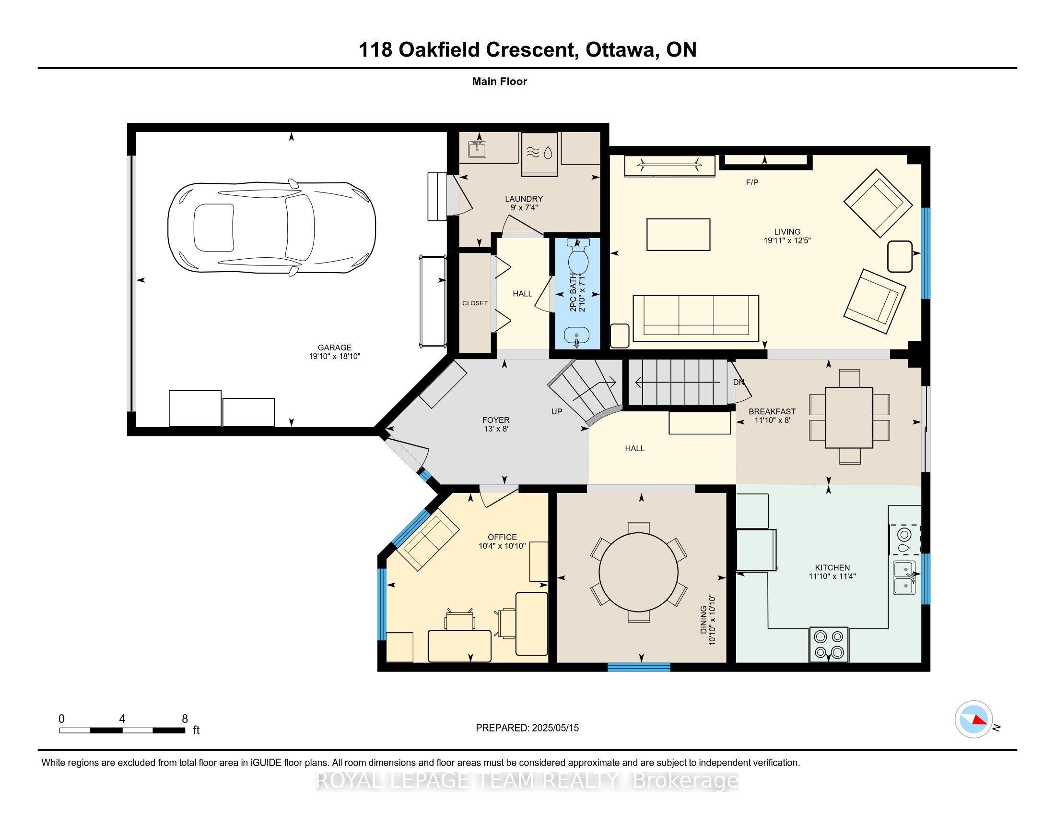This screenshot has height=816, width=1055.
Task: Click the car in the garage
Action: pos(271,228)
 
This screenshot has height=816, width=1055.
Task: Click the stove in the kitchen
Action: pos(829,644)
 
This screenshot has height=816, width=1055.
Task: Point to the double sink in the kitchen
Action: pos(904,577)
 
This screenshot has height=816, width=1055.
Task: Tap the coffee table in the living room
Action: pos(678,234)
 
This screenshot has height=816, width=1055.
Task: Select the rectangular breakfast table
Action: pos(849,418)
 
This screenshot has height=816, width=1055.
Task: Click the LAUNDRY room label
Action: pos(524,199)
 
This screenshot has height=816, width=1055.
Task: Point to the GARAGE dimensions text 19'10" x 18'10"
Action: pos(335,356)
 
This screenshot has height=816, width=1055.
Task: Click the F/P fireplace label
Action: pos(752,182)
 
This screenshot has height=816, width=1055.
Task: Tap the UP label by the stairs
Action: pos(556,411)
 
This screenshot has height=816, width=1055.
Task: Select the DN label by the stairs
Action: pos(738,382)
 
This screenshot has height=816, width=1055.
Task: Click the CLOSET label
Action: pos(475,303)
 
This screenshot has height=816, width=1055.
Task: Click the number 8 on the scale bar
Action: pos(185,719)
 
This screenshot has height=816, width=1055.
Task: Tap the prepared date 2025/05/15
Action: pos(555,728)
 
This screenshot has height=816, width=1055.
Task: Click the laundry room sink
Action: pos(477,149)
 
